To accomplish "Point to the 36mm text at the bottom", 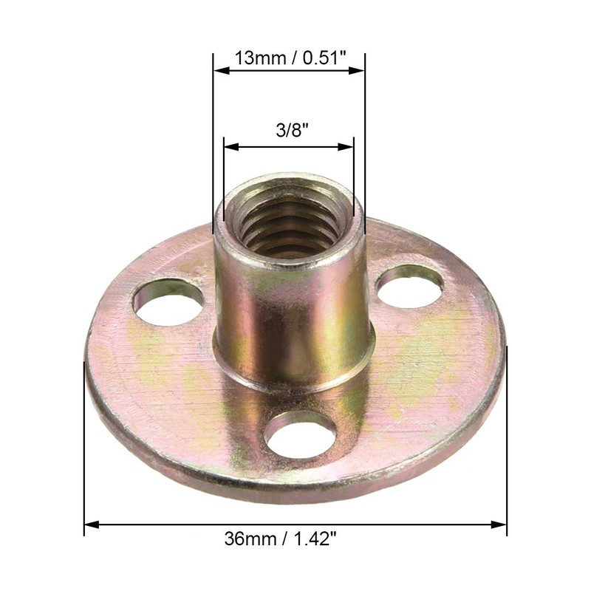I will click(247, 539).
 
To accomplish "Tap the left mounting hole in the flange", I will click(168, 301).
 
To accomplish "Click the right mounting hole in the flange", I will click(410, 285).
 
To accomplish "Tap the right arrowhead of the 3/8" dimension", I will click(348, 146).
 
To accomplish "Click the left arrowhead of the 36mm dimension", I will click(90, 526).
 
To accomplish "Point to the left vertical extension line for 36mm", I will click(85, 443).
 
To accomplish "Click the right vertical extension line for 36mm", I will click(507, 443).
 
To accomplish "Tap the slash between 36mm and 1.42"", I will click(281, 539).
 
